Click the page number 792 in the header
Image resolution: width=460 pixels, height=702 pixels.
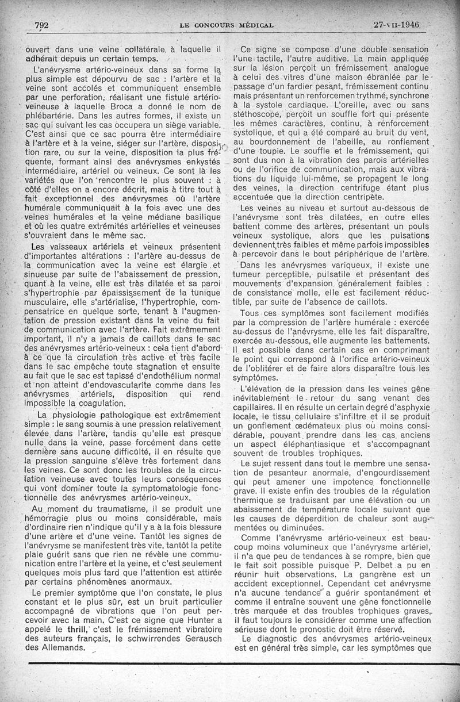pos(41,25)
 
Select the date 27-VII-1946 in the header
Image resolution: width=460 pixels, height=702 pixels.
pos(397,25)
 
